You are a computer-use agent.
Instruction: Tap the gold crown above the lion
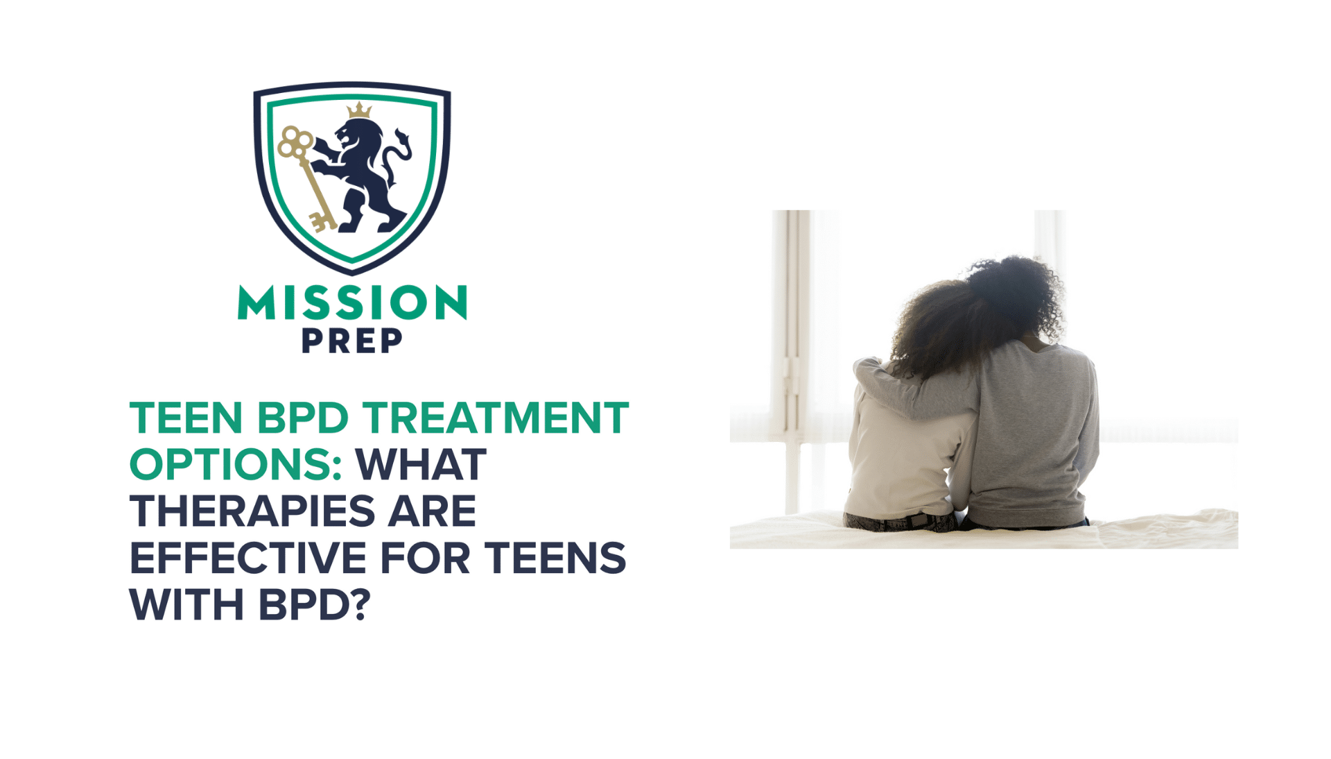pos(359,110)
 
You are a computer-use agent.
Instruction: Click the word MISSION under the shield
pos(352,303)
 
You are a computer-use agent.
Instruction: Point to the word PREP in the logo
pos(352,341)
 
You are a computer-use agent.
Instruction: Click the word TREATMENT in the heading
pos(495,418)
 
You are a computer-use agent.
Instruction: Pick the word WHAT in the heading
pos(421,465)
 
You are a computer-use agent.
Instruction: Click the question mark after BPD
pos(359,605)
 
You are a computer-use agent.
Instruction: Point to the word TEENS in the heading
pos(555,558)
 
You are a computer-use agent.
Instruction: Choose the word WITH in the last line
pos(186,605)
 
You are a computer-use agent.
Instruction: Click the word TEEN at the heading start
pos(186,418)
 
